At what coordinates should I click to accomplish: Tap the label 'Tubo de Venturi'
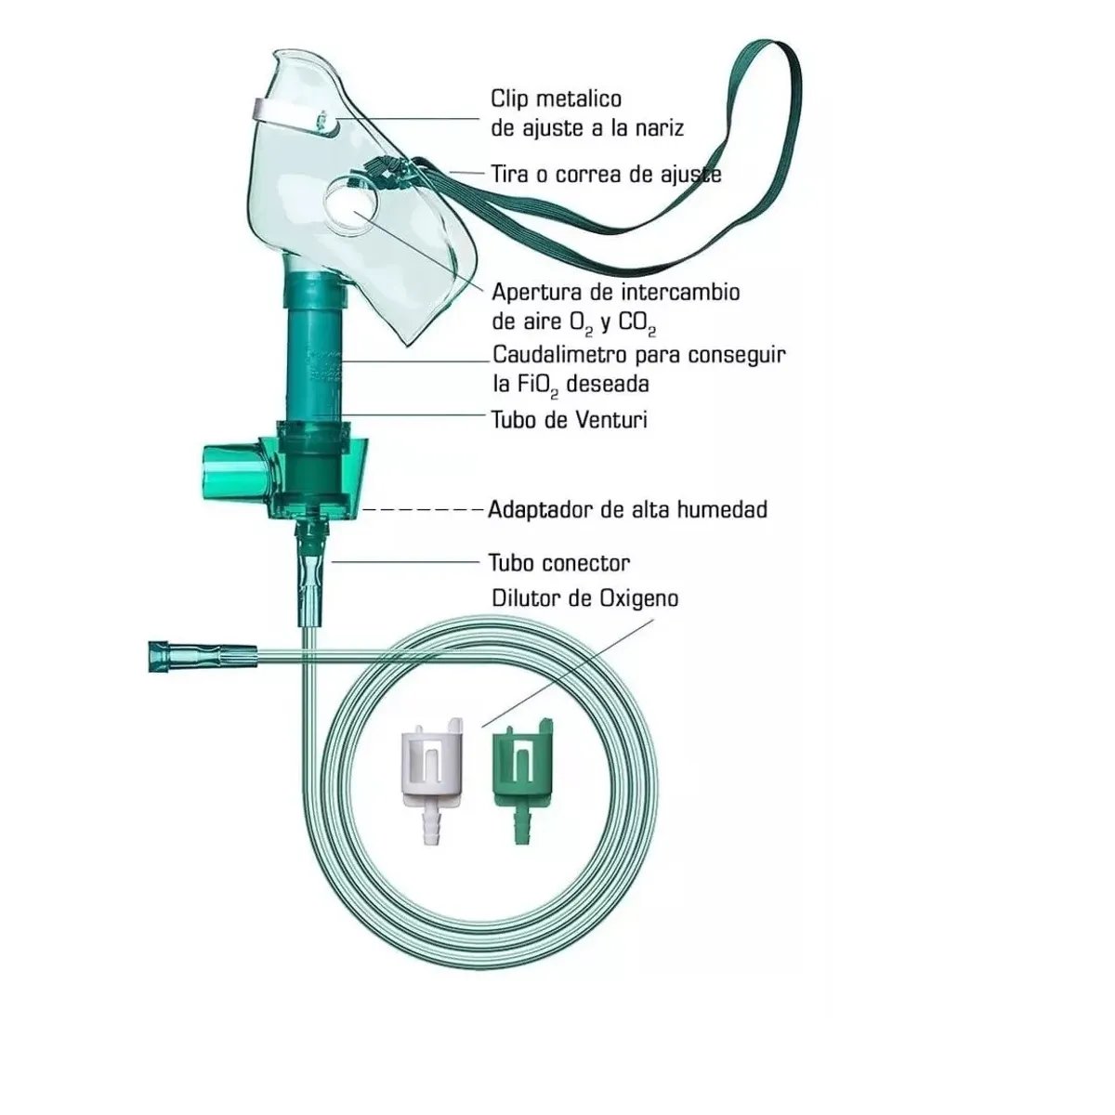[569, 419]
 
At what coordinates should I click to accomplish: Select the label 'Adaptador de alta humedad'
[628, 510]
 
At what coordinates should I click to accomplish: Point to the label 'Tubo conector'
[559, 562]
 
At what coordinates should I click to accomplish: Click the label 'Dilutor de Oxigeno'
[585, 599]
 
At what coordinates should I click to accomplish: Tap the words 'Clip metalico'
[557, 98]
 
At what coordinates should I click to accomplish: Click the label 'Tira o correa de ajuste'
[607, 174]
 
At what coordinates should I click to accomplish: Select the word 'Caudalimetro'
[559, 355]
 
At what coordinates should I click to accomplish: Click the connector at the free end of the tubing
[202, 656]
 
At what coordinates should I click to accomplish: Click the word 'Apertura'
[540, 293]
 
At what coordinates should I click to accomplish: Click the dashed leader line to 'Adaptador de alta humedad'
[421, 510]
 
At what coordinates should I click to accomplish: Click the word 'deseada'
[608, 384]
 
